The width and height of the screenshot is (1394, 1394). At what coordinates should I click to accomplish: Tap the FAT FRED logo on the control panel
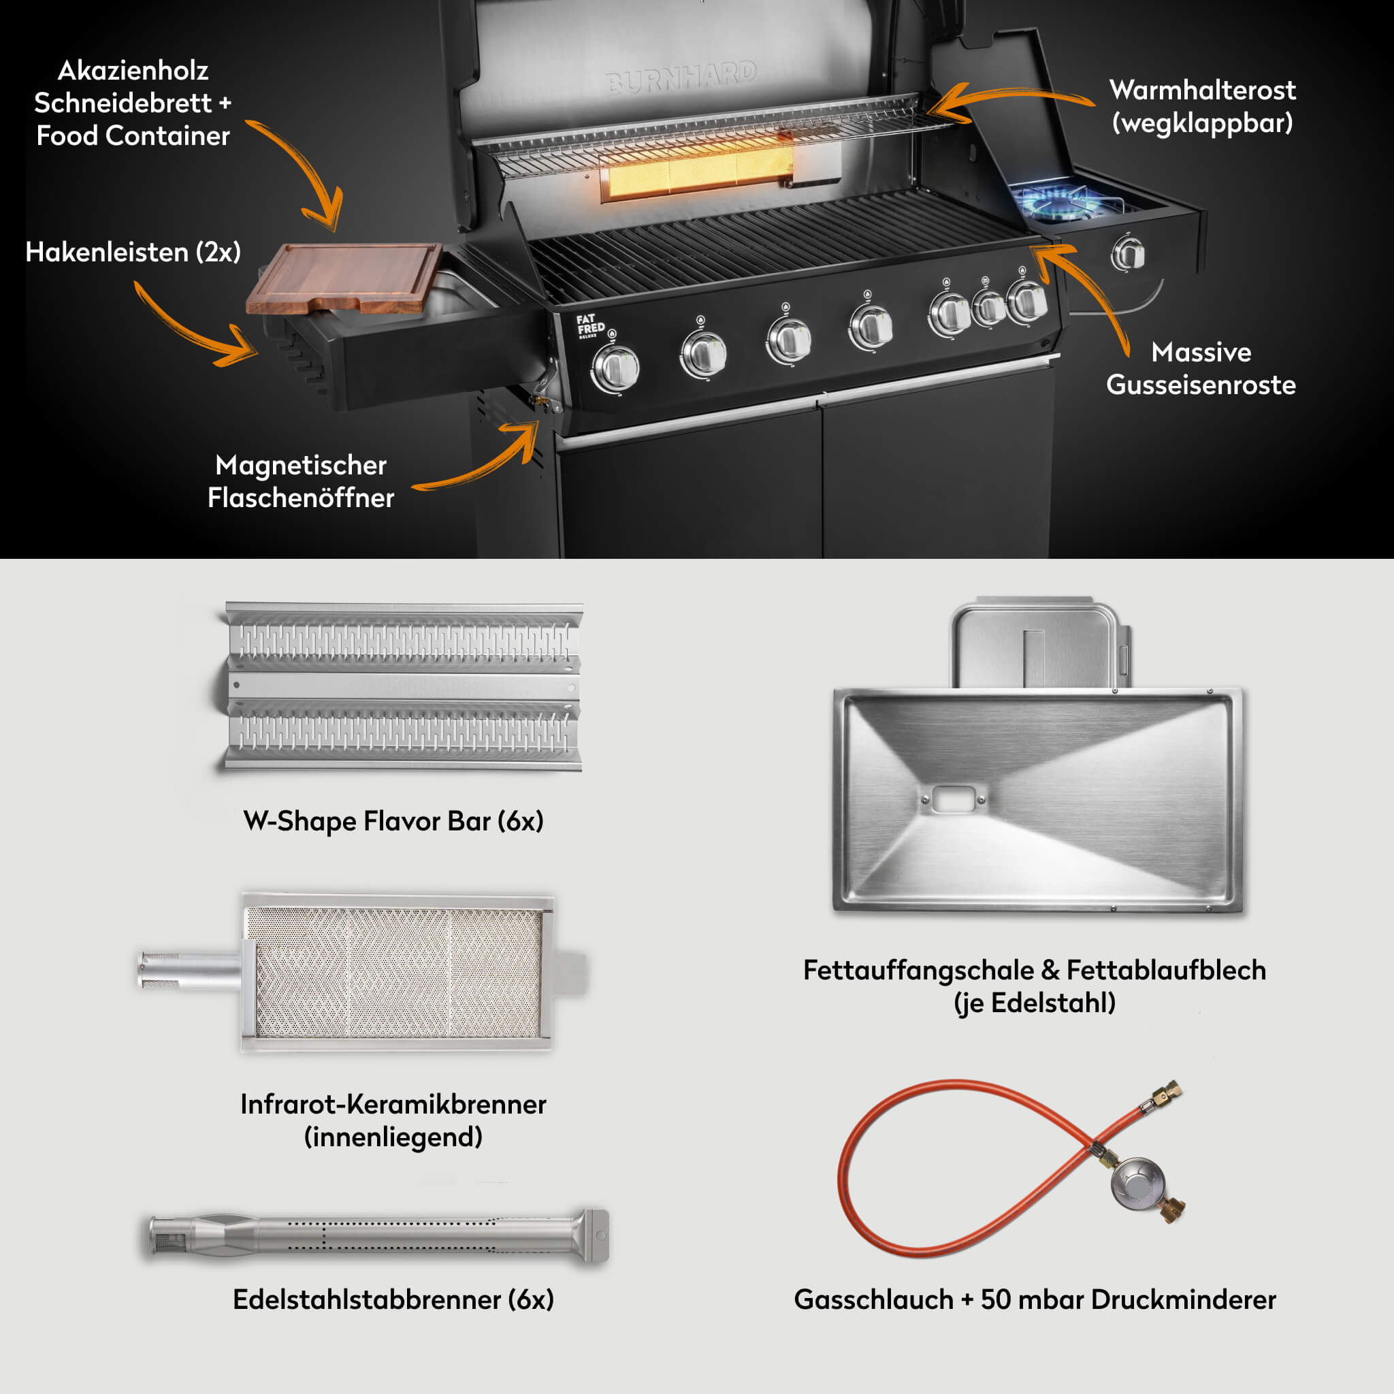coord(590,326)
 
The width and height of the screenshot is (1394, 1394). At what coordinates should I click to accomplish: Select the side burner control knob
coord(1127,254)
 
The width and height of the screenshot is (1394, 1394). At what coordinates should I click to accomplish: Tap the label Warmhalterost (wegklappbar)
coord(1202,107)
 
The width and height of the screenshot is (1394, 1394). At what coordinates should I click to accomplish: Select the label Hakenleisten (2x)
coord(133,253)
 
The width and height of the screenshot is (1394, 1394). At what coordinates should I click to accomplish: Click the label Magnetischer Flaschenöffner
coord(301,481)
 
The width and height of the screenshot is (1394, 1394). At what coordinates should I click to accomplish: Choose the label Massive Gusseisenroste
coord(1201,369)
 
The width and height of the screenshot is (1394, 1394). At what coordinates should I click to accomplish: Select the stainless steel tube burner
coord(379,1236)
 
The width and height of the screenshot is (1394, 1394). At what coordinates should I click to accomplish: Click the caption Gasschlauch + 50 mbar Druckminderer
coord(1034,1299)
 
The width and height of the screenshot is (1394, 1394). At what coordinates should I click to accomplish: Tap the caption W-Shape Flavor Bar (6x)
coord(393,821)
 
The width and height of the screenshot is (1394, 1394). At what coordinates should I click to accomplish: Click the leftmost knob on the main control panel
coord(615,368)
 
